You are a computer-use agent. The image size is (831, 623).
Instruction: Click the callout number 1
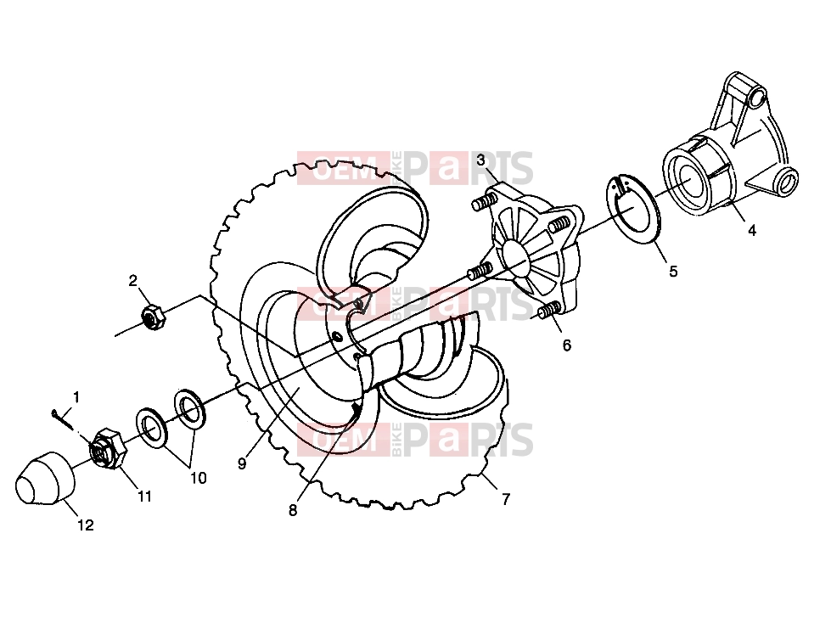click(76, 396)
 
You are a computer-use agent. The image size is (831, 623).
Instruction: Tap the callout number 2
click(133, 280)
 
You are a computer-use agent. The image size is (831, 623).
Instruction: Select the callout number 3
click(480, 160)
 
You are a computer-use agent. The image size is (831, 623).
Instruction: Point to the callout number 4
click(751, 231)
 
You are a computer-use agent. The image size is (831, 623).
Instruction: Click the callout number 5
click(673, 272)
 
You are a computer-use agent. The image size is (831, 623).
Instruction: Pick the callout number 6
click(566, 345)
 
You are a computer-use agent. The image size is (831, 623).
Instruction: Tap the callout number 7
click(506, 499)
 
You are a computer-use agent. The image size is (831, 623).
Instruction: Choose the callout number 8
click(293, 510)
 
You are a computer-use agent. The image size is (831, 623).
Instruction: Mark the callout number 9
click(242, 464)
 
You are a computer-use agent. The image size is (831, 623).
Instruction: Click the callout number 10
click(199, 478)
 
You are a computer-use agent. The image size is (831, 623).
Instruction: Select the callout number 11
click(144, 497)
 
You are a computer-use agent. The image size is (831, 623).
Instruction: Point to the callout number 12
click(86, 525)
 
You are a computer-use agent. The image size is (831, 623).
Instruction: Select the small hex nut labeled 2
click(153, 317)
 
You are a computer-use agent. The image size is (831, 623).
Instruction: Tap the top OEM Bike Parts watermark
click(415, 168)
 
